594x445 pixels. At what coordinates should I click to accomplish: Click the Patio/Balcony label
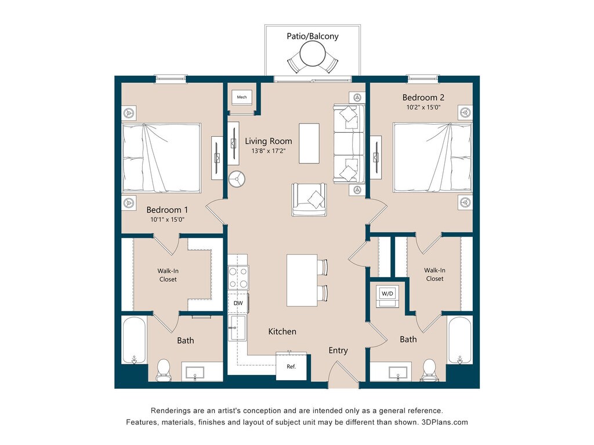313,37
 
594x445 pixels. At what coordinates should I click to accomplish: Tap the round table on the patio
313,54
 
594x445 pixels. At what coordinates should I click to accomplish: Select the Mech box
242,97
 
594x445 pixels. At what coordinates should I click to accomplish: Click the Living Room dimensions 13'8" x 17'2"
269,151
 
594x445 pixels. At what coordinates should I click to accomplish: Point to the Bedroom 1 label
167,210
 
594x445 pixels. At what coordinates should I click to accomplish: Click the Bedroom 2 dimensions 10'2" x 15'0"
423,107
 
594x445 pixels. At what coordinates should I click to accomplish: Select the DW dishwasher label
238,303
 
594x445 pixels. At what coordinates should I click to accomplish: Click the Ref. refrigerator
291,366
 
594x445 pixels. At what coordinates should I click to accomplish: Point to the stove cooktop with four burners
238,278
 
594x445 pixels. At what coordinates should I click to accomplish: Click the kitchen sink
237,328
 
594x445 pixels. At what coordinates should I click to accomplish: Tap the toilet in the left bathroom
164,370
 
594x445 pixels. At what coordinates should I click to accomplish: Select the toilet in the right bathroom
429,370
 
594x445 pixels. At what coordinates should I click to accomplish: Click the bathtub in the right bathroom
459,340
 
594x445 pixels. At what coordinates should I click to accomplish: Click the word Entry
338,351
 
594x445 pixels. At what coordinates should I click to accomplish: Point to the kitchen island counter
302,280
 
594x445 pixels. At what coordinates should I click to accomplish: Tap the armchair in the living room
309,199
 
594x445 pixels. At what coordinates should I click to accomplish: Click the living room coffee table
309,144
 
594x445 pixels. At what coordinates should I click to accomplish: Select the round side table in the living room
237,180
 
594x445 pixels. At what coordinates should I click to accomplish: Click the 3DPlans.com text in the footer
445,422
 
